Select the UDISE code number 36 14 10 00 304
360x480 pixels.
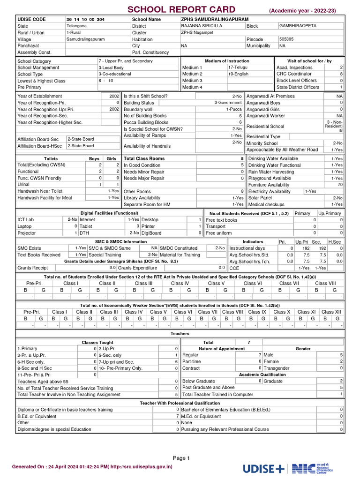85,19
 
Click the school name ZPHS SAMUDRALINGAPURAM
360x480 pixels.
215,19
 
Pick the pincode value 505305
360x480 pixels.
287,39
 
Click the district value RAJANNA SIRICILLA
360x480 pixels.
201,26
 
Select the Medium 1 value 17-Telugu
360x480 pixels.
238,67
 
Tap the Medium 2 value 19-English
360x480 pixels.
239,74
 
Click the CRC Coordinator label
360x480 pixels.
294,74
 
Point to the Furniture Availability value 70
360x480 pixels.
340,185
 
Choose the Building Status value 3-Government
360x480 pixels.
228,103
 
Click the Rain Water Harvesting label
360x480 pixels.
271,172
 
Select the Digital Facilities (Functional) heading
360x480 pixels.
109,213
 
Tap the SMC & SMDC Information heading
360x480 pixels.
121,241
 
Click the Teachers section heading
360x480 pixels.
180,333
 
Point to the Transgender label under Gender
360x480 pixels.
277,368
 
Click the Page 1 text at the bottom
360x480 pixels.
181,458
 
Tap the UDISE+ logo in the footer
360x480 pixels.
263,468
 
